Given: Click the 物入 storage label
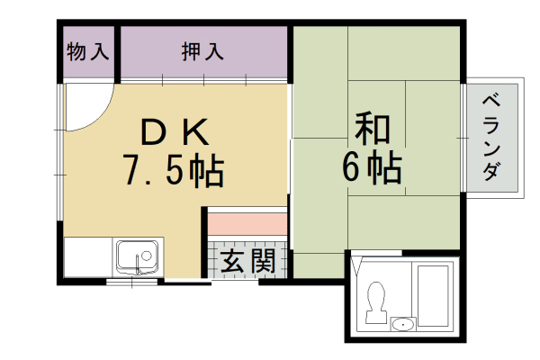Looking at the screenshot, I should coord(88,53).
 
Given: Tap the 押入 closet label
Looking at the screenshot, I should coord(202,53).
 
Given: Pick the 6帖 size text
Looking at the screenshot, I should coord(372,168).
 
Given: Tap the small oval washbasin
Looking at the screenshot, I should coord(403,324).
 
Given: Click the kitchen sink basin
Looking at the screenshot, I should coord(137,256).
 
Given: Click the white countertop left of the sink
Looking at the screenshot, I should coord(87,256).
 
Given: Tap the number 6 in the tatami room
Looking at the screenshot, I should coord(354,168).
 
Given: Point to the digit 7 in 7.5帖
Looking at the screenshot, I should coord(132,170).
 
